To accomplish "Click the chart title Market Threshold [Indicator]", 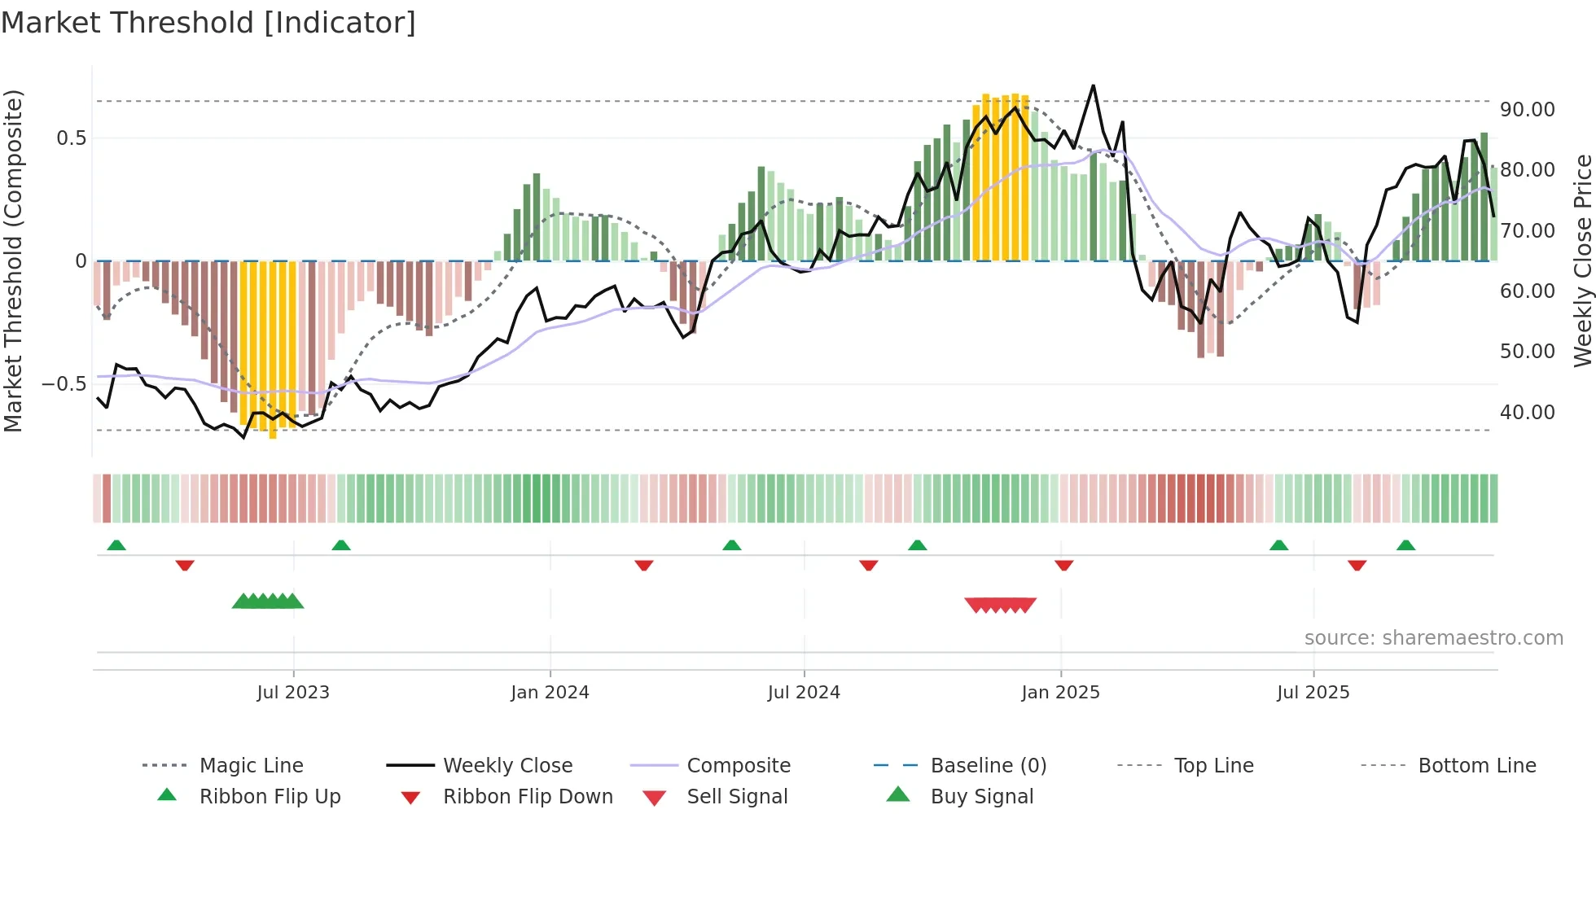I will (x=208, y=23).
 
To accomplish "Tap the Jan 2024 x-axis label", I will (x=550, y=692).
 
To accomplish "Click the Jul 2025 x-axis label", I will (x=1313, y=692).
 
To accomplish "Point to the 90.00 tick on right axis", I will (x=1527, y=109).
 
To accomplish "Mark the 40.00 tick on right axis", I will (x=1527, y=412).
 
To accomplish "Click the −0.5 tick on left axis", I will (x=64, y=383).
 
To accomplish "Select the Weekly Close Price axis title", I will (x=1582, y=260).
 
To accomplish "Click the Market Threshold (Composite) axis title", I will (x=13, y=260).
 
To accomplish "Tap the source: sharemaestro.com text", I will (x=1433, y=637).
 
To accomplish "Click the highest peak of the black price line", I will (x=1093, y=85).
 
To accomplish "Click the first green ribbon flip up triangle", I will (x=116, y=545).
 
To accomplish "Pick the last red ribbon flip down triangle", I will (x=1357, y=565).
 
